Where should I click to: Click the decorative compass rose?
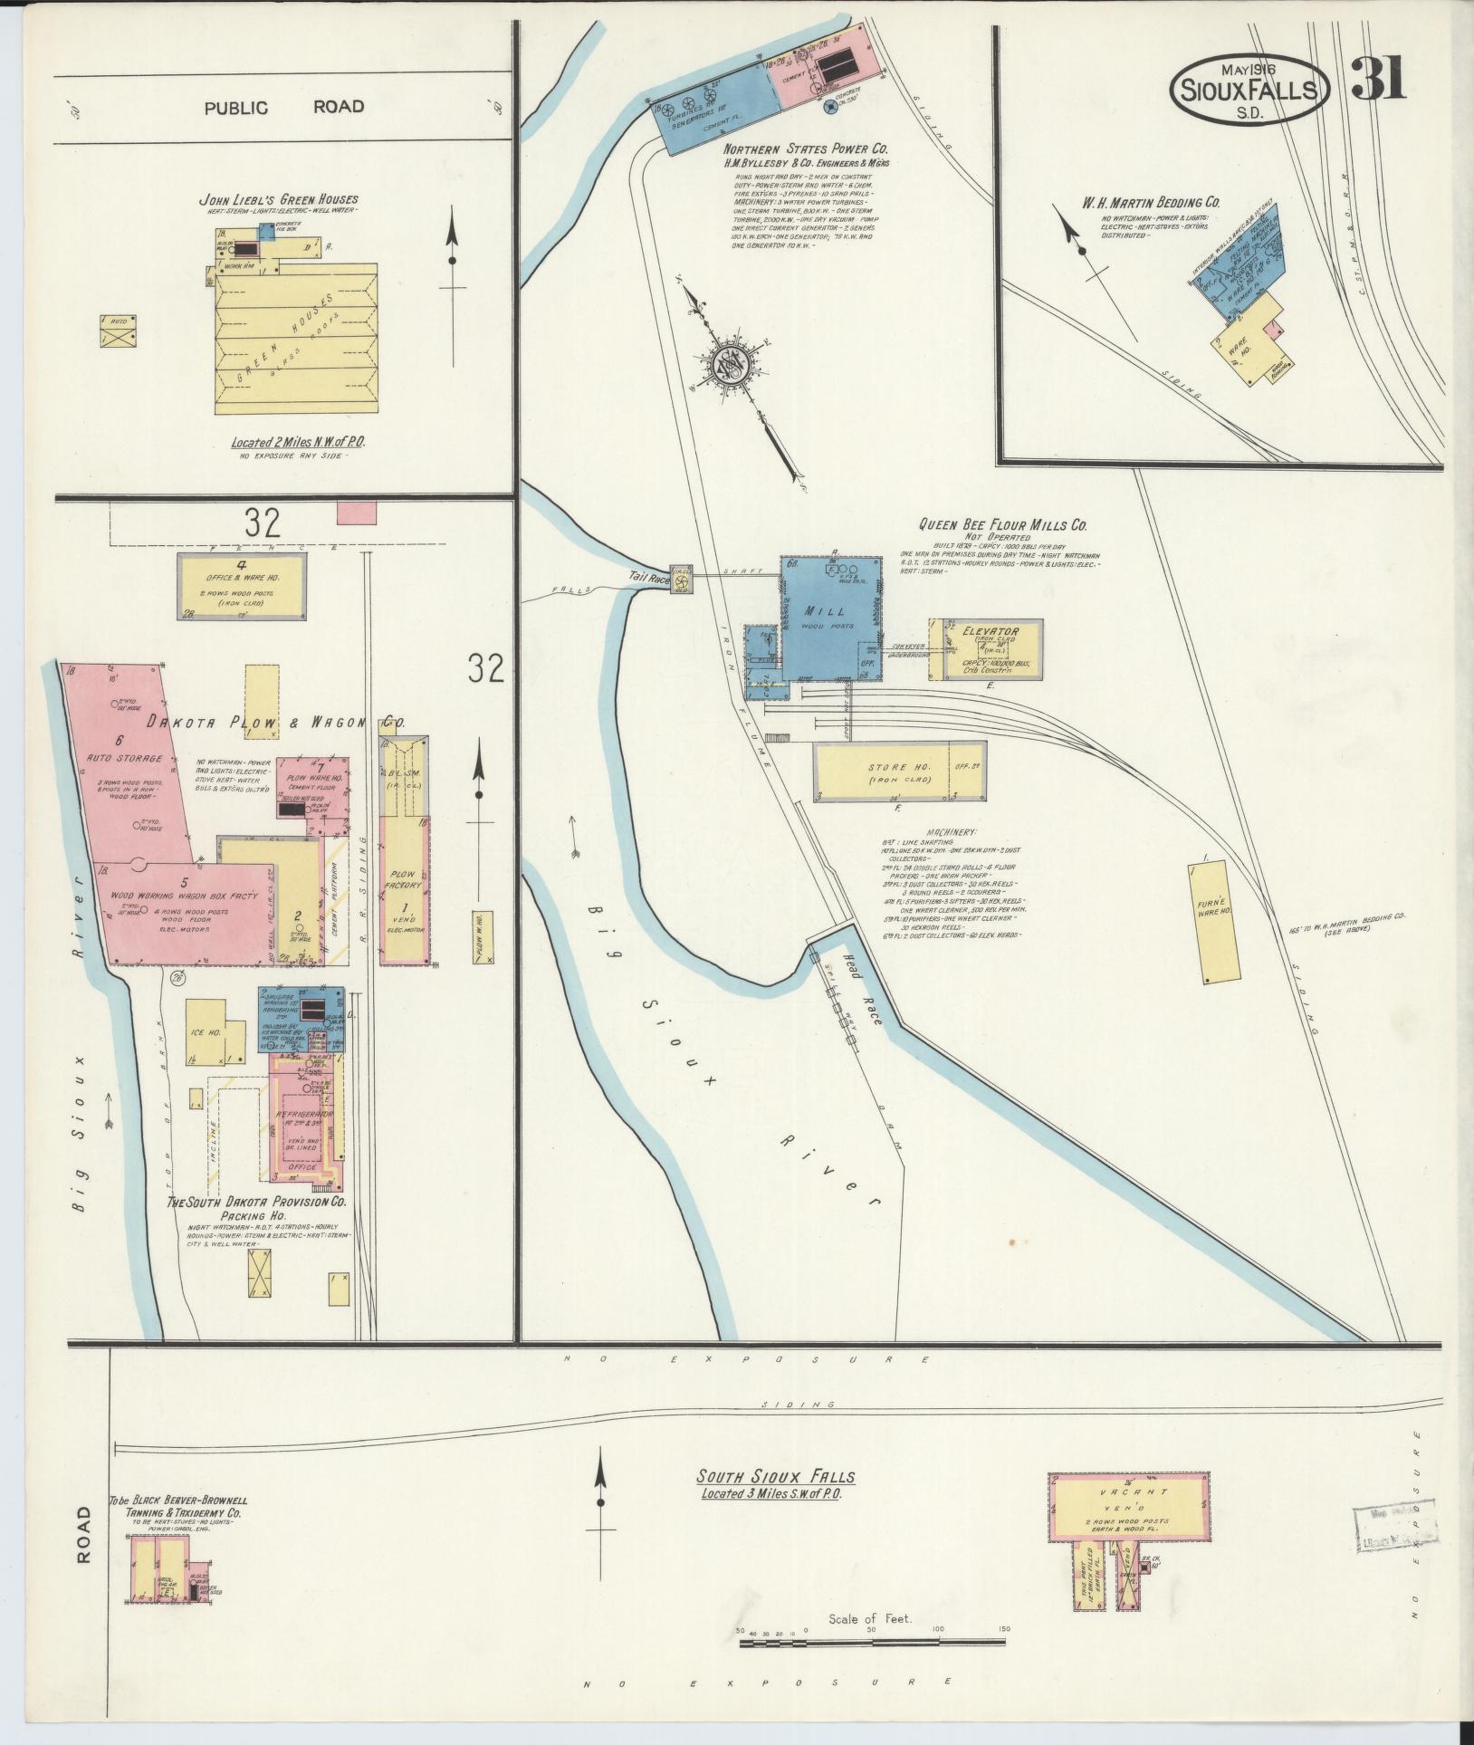pos(729,365)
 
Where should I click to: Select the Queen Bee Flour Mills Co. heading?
pos(1002,524)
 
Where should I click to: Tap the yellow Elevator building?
pos(991,648)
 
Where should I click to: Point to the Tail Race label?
pos(648,577)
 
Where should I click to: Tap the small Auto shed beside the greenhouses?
pos(119,330)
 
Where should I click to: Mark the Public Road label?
pos(283,108)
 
